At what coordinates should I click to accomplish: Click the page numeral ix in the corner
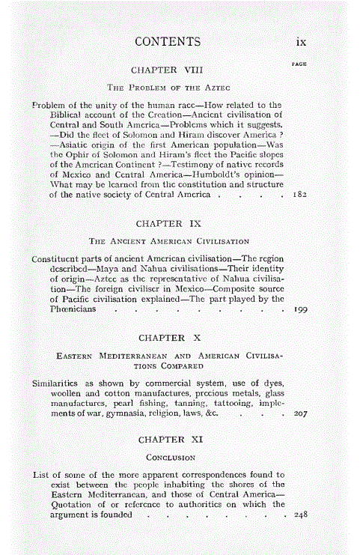299,42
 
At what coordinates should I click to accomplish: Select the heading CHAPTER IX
167,223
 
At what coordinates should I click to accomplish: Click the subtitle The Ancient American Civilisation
168,241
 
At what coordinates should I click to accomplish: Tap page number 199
297,310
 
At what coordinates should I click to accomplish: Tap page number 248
299,515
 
